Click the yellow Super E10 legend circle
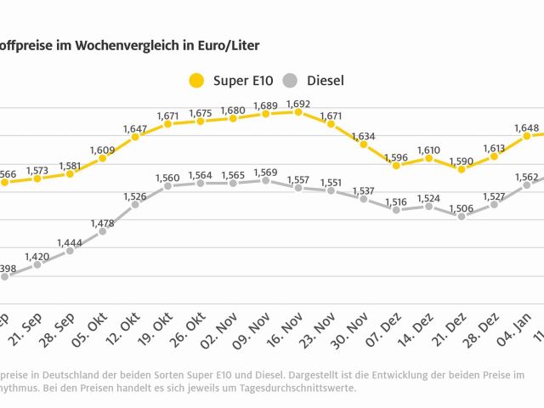(x=196, y=82)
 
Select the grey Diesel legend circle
(x=292, y=82)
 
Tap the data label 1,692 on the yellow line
(x=298, y=104)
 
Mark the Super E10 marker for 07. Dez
(x=396, y=165)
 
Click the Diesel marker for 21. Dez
(x=462, y=216)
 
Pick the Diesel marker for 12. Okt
(x=135, y=204)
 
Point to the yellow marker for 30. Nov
(x=364, y=144)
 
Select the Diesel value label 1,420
(x=37, y=256)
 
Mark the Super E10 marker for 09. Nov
(x=266, y=113)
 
